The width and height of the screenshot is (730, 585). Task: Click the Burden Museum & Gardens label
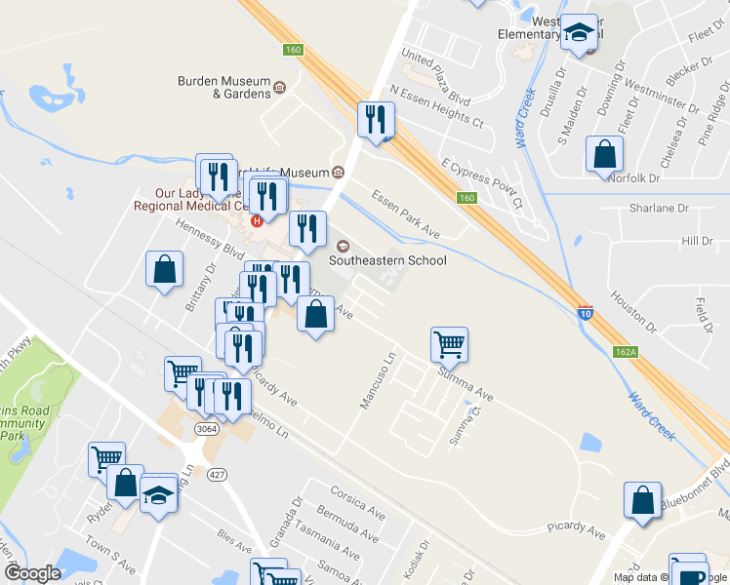tap(223, 88)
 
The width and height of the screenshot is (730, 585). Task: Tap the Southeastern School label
tap(387, 260)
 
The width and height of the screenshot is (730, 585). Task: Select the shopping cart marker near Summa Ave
tap(449, 343)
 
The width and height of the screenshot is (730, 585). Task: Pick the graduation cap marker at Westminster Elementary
tap(580, 32)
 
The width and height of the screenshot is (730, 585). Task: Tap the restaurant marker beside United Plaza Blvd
tap(375, 119)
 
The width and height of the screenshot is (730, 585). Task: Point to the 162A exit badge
tap(626, 351)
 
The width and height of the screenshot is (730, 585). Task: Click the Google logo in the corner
tap(32, 573)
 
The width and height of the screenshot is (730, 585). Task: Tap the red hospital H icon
tap(257, 220)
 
